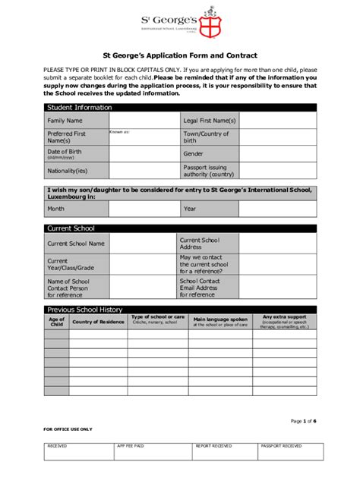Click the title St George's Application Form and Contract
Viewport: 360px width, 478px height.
(180, 55)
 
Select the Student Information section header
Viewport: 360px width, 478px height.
(79, 108)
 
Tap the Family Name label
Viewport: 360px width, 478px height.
(65, 121)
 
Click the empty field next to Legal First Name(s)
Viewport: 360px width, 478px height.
(278, 121)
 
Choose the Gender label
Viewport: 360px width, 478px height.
(193, 153)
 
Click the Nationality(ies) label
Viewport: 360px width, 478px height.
(68, 171)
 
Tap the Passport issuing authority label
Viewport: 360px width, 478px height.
(207, 171)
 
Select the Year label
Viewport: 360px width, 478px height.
(190, 209)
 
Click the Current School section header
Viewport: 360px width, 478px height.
(71, 228)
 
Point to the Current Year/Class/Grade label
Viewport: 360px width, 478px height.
(71, 265)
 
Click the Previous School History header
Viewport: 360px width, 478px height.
(84, 310)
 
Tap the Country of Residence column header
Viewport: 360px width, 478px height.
(98, 322)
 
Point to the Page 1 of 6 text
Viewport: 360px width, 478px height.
(304, 420)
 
